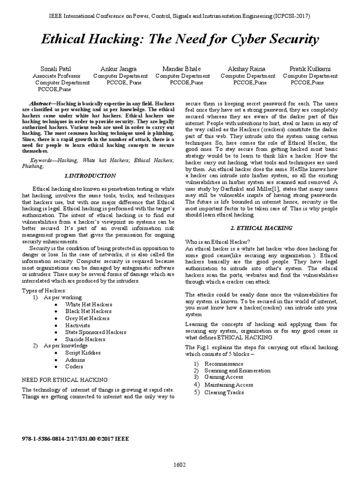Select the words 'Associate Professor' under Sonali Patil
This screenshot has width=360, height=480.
57,75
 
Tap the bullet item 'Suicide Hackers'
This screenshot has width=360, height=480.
86,338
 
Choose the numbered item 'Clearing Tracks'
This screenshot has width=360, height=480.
224,392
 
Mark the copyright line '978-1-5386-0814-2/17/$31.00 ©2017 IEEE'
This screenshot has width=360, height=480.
75,439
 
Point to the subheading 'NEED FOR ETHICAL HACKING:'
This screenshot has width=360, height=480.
66,379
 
